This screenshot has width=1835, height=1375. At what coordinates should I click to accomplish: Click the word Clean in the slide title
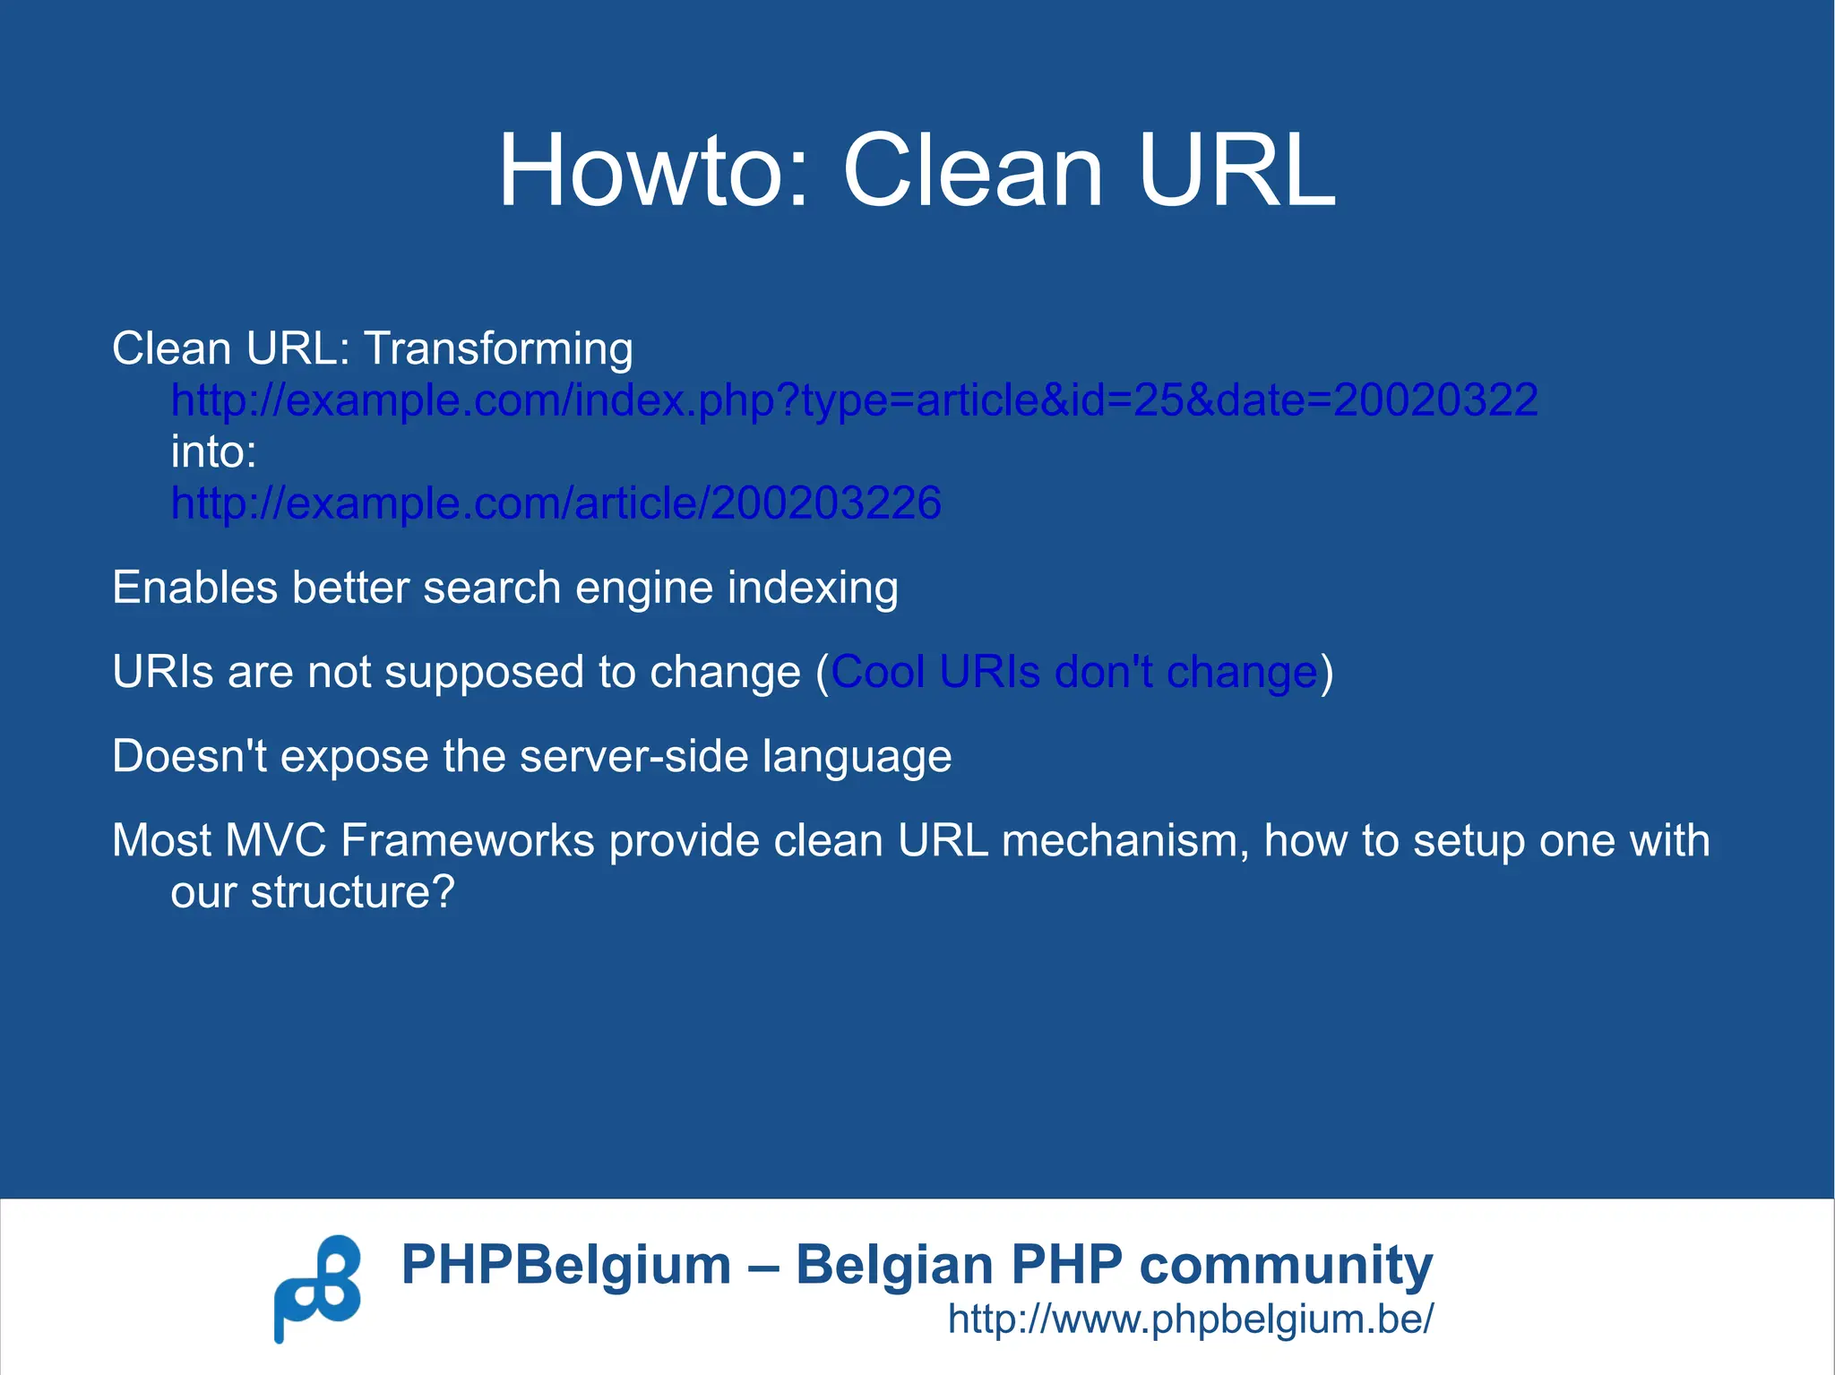coord(972,170)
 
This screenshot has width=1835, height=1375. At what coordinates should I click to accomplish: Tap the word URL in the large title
coord(1236,170)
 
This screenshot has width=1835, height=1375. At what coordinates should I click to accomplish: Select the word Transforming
coord(498,348)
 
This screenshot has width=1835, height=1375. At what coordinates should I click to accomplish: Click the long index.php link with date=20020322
coord(854,400)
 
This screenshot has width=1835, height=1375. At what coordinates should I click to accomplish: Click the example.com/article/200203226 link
coord(556,503)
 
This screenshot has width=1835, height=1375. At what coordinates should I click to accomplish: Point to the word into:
coord(213,452)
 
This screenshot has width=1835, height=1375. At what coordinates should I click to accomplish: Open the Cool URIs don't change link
coord(1073,673)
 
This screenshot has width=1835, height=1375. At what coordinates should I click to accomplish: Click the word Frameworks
coord(467,841)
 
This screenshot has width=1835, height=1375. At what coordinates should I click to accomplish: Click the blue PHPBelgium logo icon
coord(317,1287)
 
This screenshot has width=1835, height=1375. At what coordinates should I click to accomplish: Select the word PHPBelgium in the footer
coord(566,1265)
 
